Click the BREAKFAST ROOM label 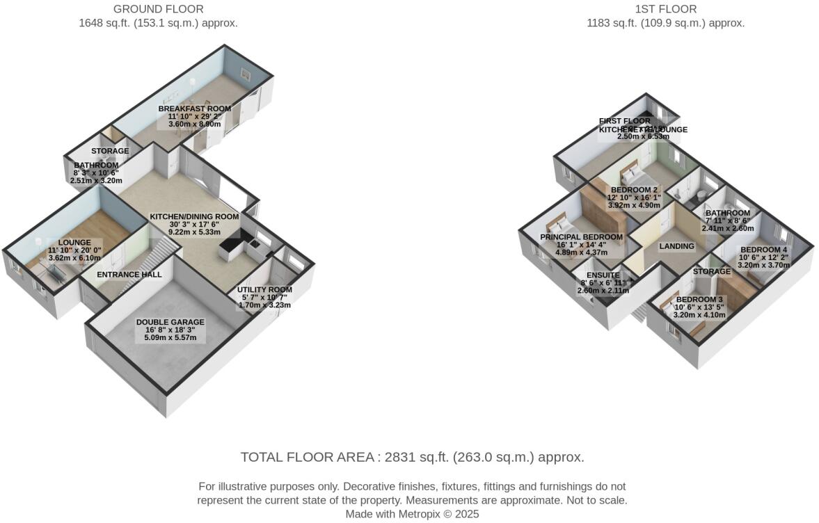pyautogui.click(x=194, y=109)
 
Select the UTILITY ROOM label pyautogui.click(x=264, y=290)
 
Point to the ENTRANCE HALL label pyautogui.click(x=129, y=275)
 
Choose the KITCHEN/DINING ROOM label pyautogui.click(x=194, y=217)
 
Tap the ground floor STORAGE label pyautogui.click(x=110, y=151)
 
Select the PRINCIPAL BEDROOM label pyautogui.click(x=581, y=237)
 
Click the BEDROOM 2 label pyautogui.click(x=634, y=190)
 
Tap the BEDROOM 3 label pyautogui.click(x=699, y=300)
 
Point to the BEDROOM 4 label pyautogui.click(x=763, y=250)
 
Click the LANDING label pyautogui.click(x=676, y=246)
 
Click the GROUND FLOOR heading pyautogui.click(x=159, y=9)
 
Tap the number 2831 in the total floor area pyautogui.click(x=394, y=458)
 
